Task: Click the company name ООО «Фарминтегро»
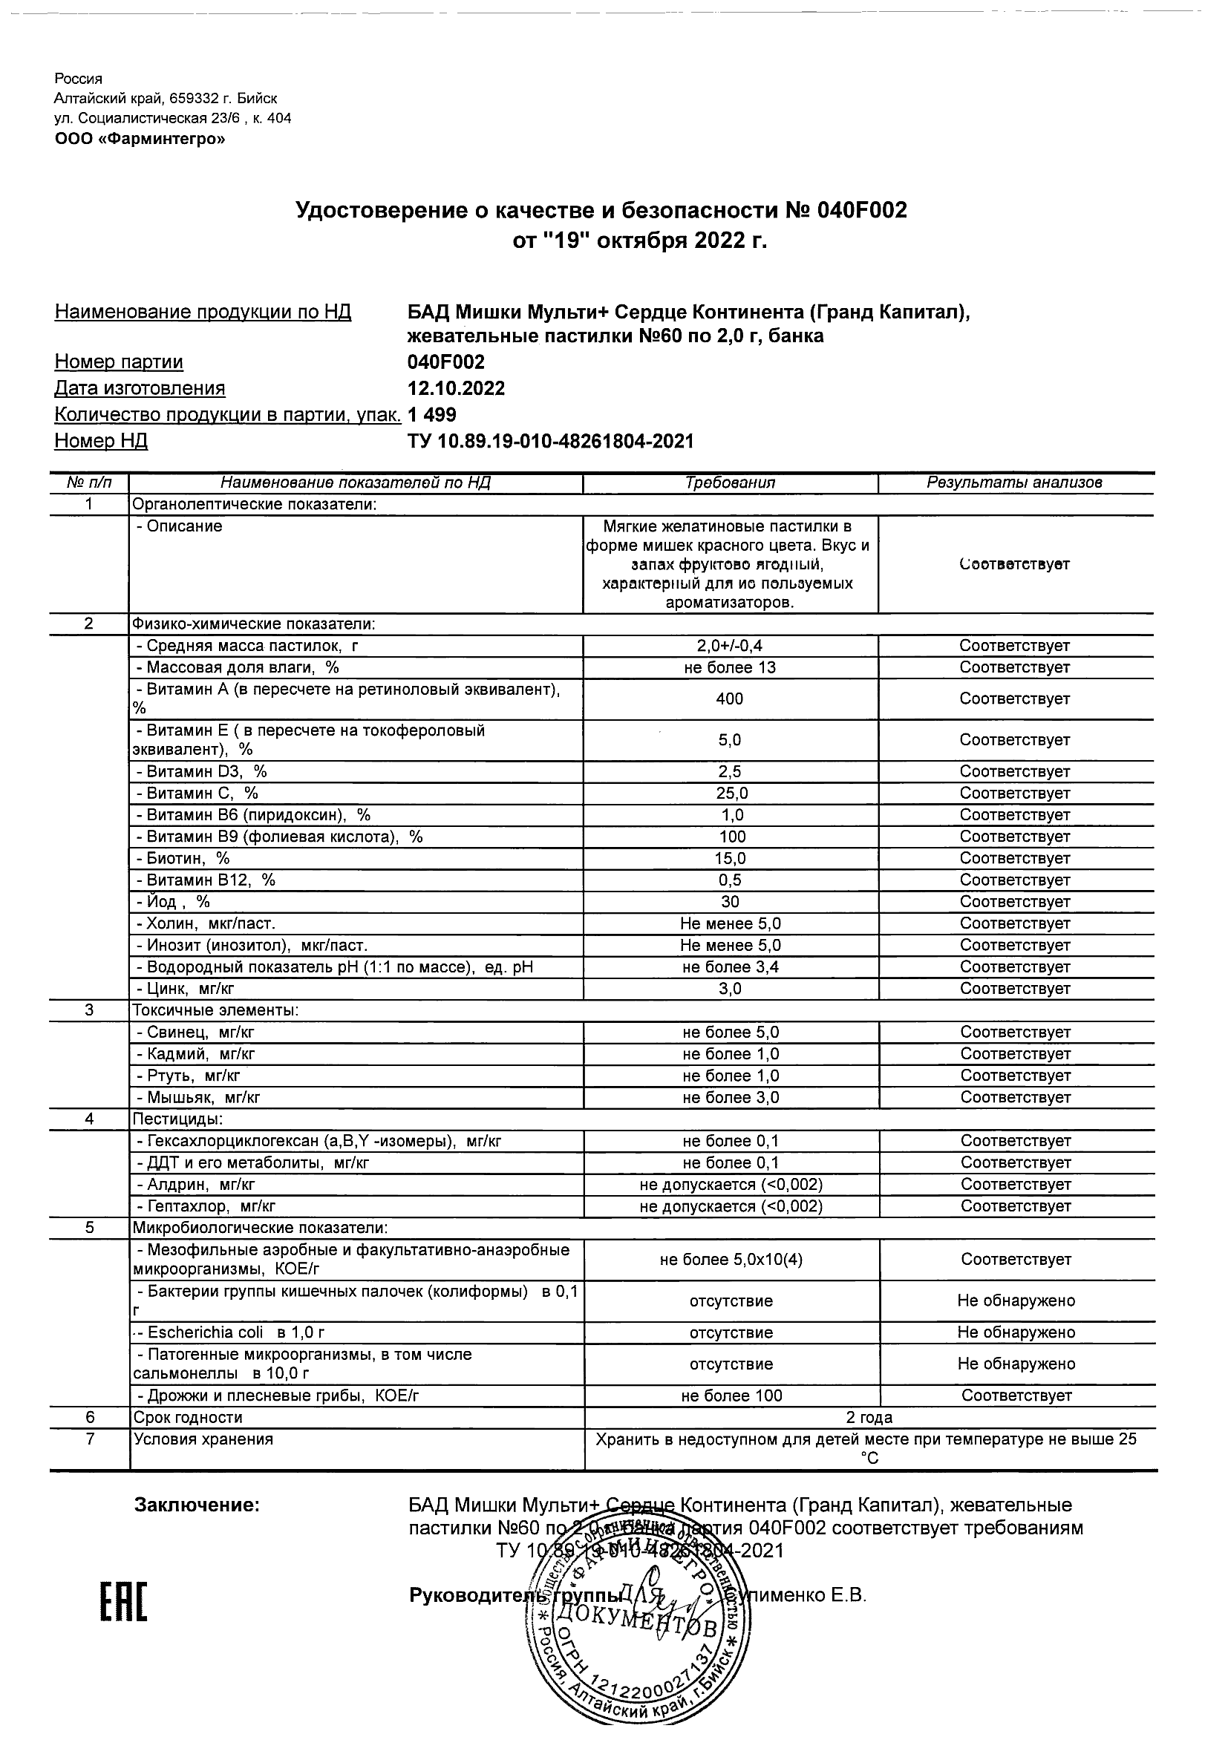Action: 140,140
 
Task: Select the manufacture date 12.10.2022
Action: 457,389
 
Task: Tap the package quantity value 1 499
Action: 432,415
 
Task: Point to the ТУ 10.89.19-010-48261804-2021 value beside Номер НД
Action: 550,441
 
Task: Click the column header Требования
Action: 729,482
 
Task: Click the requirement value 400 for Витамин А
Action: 729,699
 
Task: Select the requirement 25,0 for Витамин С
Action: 729,794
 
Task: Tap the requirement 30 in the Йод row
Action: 729,902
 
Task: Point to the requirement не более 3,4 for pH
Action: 729,966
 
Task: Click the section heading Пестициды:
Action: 177,1119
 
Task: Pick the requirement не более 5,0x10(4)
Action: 731,1260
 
